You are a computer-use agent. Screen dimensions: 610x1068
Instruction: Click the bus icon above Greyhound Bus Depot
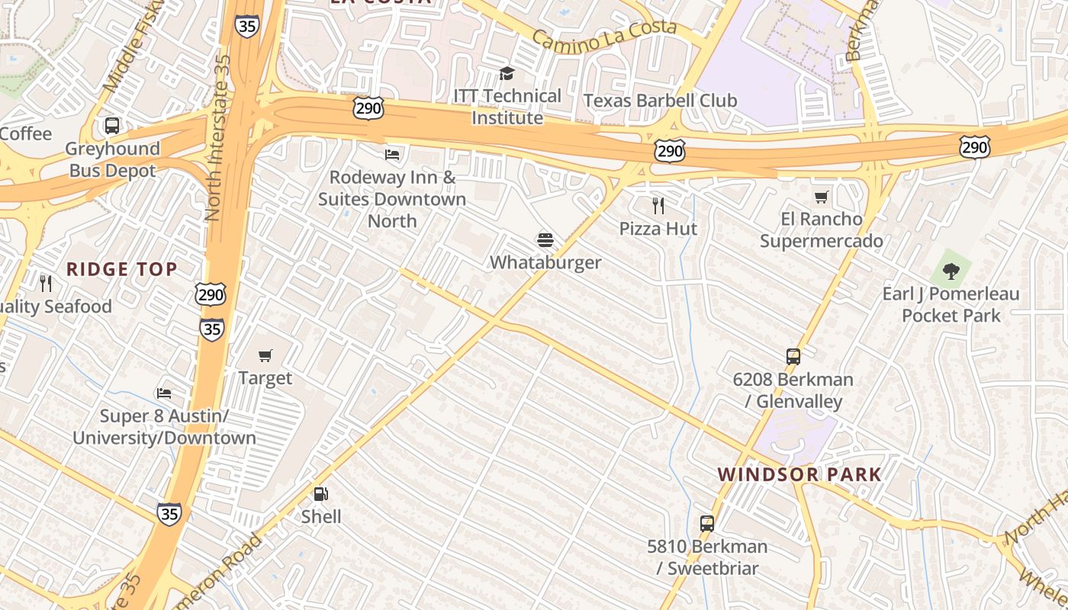pyautogui.click(x=112, y=126)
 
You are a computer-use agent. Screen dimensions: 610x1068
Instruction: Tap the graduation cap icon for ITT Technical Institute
pyautogui.click(x=507, y=73)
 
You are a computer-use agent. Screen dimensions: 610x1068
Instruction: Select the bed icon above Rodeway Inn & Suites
pyautogui.click(x=392, y=154)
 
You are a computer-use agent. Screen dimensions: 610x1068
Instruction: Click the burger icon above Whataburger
pyautogui.click(x=545, y=240)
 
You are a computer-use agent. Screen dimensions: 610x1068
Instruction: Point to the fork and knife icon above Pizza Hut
pyautogui.click(x=658, y=205)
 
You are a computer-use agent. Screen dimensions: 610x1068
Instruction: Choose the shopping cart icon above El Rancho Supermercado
pyautogui.click(x=821, y=197)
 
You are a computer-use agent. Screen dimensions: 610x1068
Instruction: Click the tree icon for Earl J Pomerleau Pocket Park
pyautogui.click(x=951, y=270)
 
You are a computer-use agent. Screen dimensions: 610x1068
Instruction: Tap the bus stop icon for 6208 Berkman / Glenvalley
pyautogui.click(x=793, y=356)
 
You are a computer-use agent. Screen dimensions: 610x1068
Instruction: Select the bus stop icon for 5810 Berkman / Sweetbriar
pyautogui.click(x=707, y=524)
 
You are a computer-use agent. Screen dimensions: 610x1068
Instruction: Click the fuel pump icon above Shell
pyautogui.click(x=321, y=493)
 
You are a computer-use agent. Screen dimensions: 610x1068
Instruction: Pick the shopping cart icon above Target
pyautogui.click(x=265, y=355)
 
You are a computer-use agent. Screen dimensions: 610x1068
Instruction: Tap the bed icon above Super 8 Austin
pyautogui.click(x=163, y=393)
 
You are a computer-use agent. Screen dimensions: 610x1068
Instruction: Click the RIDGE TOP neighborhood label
pyautogui.click(x=122, y=269)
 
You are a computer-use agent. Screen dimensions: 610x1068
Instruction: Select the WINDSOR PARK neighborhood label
pyautogui.click(x=799, y=474)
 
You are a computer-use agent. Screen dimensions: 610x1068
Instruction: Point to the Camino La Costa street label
pyautogui.click(x=604, y=36)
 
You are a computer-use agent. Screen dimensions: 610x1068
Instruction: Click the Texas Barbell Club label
pyautogui.click(x=660, y=101)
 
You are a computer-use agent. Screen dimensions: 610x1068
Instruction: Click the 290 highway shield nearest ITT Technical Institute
pyautogui.click(x=368, y=108)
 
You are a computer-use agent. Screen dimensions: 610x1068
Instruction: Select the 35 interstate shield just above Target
pyautogui.click(x=212, y=328)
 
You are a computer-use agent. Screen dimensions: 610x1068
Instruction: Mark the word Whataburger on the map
pyautogui.click(x=545, y=262)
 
